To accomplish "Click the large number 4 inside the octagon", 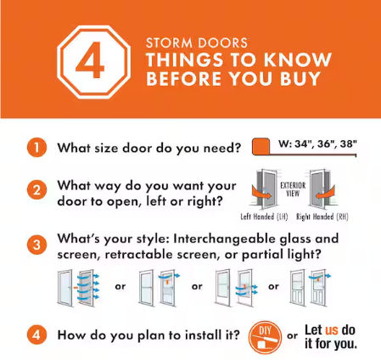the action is (90, 60).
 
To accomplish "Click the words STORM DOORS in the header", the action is (197, 43).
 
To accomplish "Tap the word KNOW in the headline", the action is (298, 59).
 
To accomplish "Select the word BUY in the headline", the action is (300, 78).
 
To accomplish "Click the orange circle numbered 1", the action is (36, 148).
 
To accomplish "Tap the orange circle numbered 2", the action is (36, 190).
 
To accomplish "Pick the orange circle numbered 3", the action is (36, 245).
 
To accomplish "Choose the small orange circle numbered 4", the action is (36, 335).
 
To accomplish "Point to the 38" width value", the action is (349, 143).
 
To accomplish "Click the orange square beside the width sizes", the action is (261, 146).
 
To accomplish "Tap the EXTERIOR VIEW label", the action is (293, 189).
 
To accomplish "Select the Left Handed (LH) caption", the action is (264, 217).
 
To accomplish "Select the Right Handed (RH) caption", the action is (322, 217).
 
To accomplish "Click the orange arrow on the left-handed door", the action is (261, 194).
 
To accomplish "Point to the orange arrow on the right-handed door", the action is (325, 194).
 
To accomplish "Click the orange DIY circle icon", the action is (265, 337).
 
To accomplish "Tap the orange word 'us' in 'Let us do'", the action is (332, 330).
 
